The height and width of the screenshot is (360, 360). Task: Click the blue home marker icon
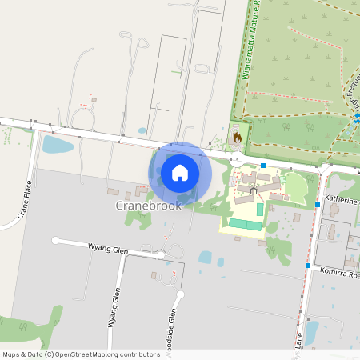[x=180, y=173]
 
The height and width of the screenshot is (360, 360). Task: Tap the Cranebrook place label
[x=149, y=205]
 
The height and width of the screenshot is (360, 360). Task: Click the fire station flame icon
[x=237, y=138]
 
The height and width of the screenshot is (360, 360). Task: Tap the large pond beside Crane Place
[x=55, y=145]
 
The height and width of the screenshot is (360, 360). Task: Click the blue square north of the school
[x=262, y=165]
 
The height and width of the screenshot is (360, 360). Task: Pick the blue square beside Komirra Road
[x=308, y=265]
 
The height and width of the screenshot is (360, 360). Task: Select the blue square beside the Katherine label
[x=318, y=205]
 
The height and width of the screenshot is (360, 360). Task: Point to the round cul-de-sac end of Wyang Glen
[x=55, y=240]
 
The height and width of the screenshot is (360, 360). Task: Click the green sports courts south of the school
[x=246, y=224]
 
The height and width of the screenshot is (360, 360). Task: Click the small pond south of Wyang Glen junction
[x=205, y=258]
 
